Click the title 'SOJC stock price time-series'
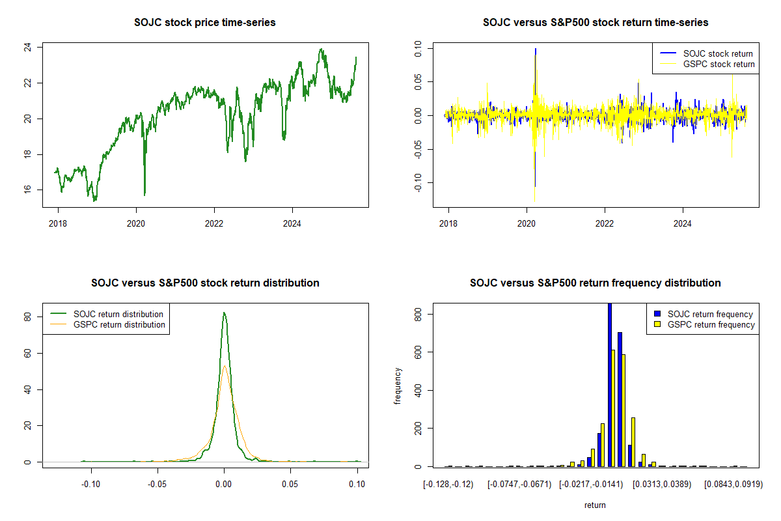pyautogui.click(x=205, y=23)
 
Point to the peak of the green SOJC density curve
pyautogui.click(x=224, y=313)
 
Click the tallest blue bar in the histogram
pyautogui.click(x=610, y=391)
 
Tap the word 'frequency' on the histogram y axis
pyautogui.click(x=398, y=386)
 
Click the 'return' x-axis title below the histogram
pyautogui.click(x=595, y=505)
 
